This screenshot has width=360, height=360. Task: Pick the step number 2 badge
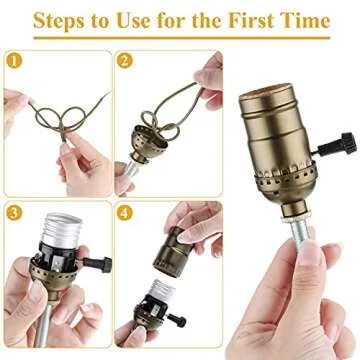coord(125,60)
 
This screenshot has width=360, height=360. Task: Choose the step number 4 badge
coord(125,212)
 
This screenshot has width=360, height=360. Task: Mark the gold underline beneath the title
coord(180,40)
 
